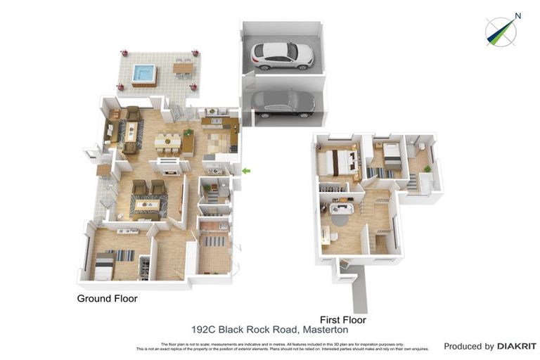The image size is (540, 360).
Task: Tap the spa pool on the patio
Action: point(144,72)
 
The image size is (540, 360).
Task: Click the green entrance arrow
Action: point(245,171)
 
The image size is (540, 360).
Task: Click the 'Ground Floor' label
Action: point(107,299)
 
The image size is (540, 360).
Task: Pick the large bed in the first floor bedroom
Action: point(336,162)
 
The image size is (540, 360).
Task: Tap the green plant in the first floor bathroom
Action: point(426,169)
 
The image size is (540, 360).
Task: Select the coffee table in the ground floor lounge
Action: point(148,205)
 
